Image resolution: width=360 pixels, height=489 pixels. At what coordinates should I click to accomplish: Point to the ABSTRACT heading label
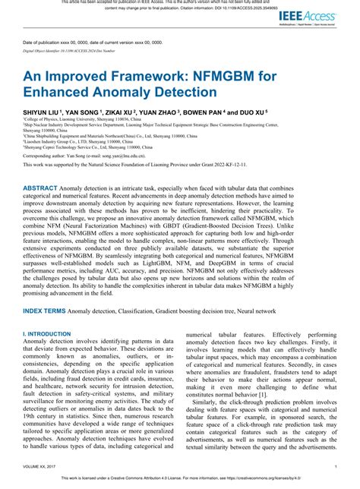click(x=45, y=187)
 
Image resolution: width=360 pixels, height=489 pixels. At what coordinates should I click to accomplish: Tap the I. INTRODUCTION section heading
click(x=49, y=333)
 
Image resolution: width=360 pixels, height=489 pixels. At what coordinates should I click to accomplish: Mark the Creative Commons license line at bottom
click(x=180, y=480)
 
